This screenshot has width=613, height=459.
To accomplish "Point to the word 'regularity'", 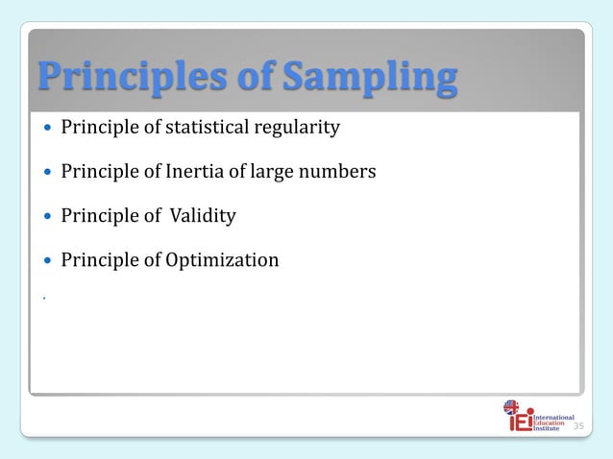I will tap(299, 128).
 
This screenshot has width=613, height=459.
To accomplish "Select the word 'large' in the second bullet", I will tap(285, 172).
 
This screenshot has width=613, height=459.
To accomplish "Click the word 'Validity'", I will tap(203, 216).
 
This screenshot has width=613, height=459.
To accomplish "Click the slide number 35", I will tap(577, 425).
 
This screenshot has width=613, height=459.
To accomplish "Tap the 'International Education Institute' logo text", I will tap(553, 423).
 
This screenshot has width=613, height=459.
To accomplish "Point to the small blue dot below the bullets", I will tap(44, 299).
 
